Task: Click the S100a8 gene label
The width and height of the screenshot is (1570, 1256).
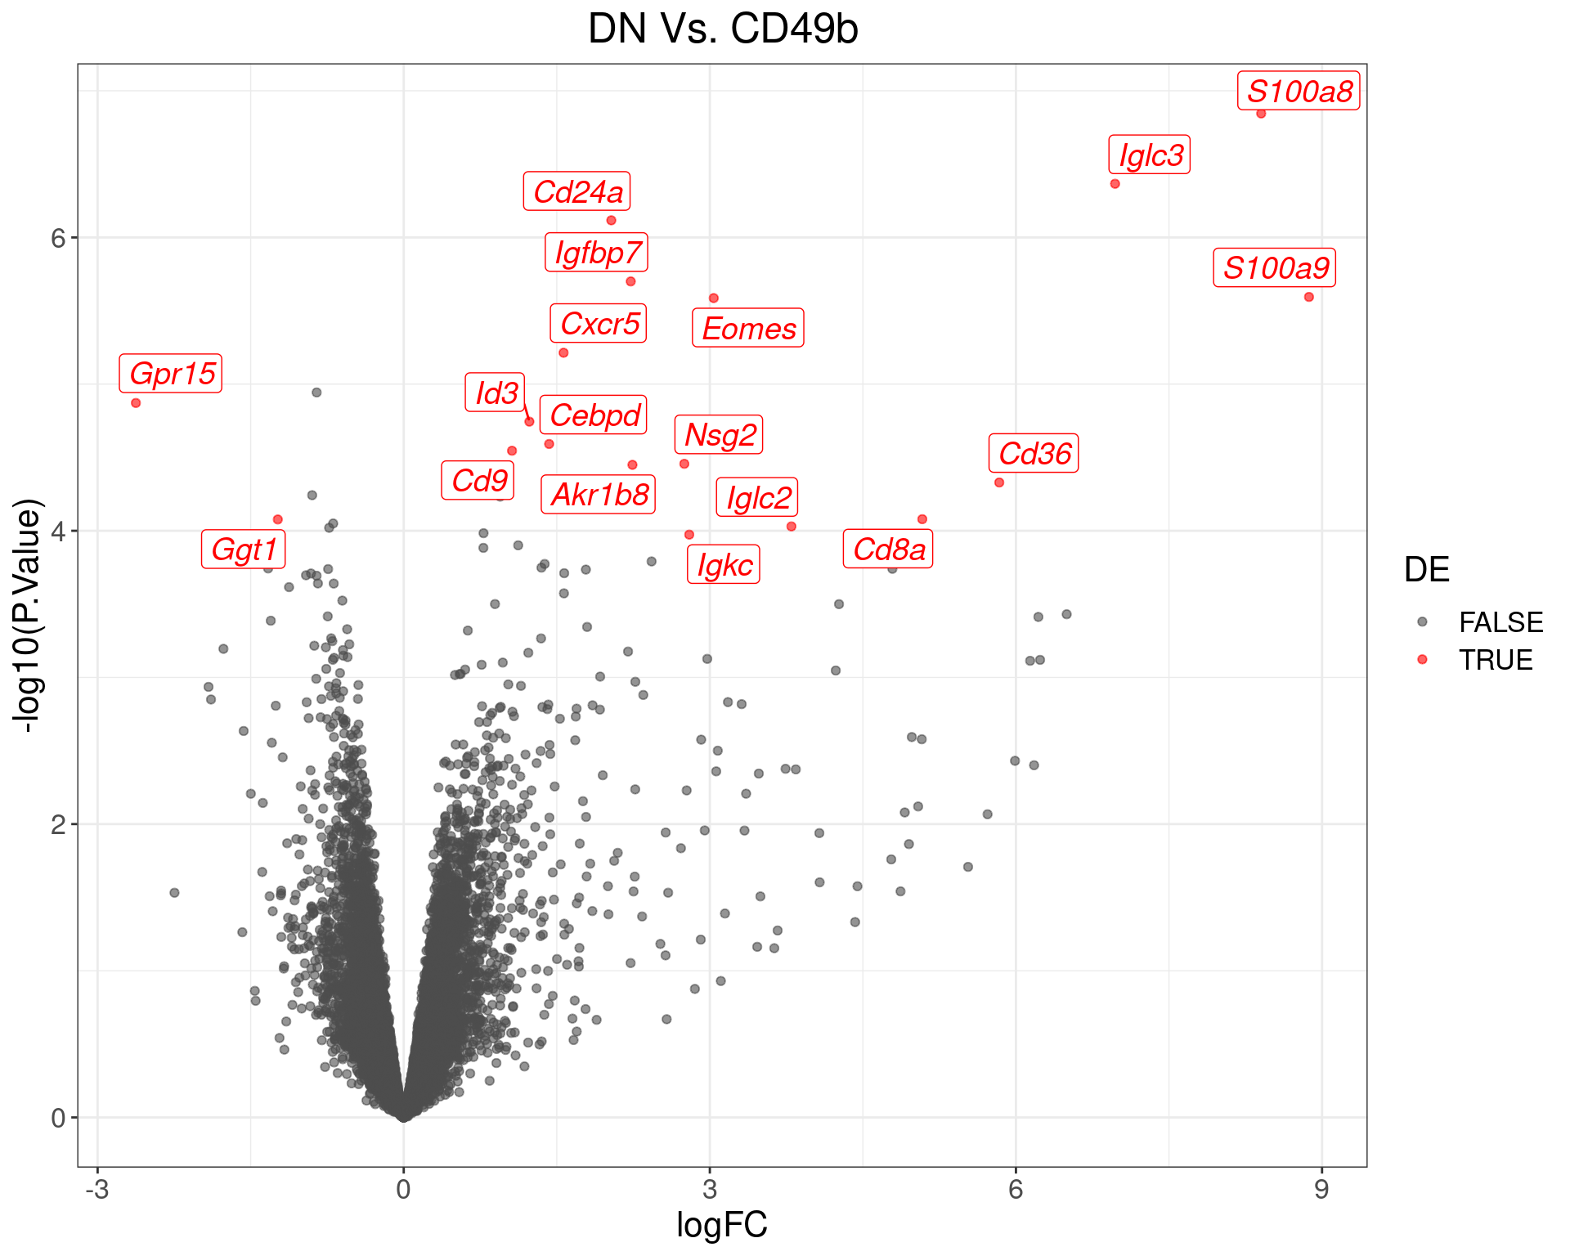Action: point(1299,91)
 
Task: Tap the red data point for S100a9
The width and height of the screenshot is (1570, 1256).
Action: point(1308,297)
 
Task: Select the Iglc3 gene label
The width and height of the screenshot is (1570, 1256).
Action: point(1150,155)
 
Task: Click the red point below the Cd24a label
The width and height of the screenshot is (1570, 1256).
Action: point(611,220)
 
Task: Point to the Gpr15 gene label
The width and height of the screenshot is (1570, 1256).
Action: point(171,374)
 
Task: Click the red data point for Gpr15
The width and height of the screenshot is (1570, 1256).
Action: point(136,402)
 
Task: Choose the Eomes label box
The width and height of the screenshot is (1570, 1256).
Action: point(748,328)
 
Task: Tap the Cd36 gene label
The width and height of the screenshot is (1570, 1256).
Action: point(1034,453)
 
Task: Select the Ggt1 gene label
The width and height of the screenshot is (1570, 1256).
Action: point(244,549)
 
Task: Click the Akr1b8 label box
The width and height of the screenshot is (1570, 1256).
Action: point(599,495)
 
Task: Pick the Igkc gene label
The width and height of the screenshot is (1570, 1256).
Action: point(724,564)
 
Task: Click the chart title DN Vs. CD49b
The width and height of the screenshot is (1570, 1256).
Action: point(723,29)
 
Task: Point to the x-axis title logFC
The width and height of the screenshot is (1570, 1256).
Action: point(722,1225)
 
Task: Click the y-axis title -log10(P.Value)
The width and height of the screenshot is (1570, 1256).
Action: point(27,615)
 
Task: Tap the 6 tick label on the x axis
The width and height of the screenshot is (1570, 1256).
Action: point(1016,1189)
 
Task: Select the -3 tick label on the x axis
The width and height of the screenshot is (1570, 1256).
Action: point(96,1189)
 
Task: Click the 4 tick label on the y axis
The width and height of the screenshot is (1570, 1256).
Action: point(57,532)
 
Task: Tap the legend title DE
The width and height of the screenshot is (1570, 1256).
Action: point(1426,570)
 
